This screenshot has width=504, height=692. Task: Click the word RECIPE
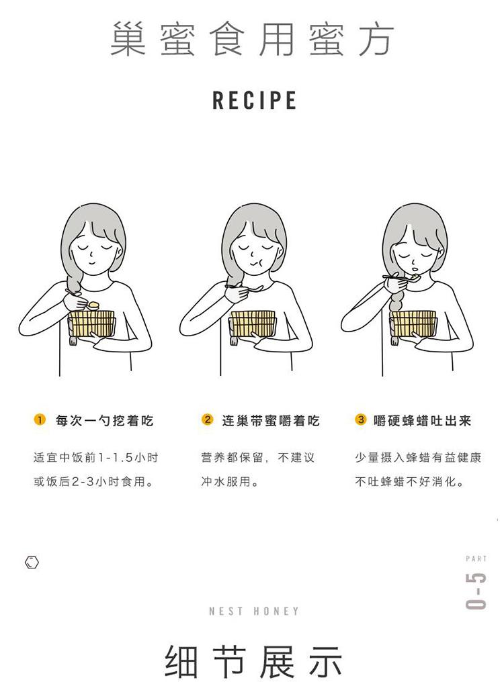[x=255, y=100]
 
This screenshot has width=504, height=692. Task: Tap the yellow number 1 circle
[x=40, y=419]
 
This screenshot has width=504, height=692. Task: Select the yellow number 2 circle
[x=207, y=419]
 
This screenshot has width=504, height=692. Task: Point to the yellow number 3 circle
[x=361, y=419]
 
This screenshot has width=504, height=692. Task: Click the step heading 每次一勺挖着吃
[x=105, y=421]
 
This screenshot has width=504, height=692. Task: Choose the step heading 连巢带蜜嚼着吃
[x=271, y=421]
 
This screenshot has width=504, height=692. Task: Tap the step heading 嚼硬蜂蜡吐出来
[x=422, y=421]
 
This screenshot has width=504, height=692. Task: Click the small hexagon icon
[x=32, y=562]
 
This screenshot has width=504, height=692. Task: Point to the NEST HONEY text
[x=254, y=611]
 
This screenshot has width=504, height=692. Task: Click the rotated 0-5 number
[x=476, y=591]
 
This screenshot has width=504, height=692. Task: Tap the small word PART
[x=476, y=558]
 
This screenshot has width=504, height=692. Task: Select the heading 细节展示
[x=254, y=661]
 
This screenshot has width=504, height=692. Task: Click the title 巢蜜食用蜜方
[x=252, y=39]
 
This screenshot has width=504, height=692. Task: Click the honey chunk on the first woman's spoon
[x=94, y=304]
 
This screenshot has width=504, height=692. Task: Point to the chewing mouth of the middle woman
[x=256, y=263]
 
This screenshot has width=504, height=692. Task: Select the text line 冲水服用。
[x=230, y=481]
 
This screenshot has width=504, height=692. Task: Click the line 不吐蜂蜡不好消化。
[x=410, y=481]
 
